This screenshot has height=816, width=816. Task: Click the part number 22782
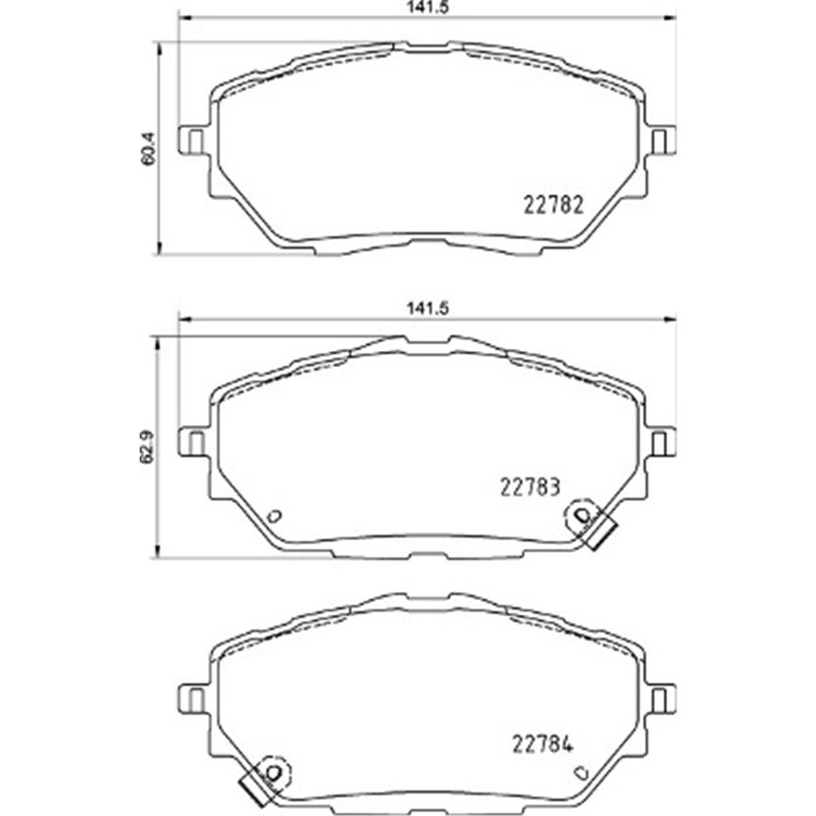[x=553, y=205]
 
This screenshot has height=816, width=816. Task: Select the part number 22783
[x=530, y=488]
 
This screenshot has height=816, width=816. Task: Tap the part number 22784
[x=543, y=744]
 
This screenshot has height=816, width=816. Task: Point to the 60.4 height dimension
[x=149, y=149]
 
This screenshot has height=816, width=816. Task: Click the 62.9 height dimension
[x=149, y=446]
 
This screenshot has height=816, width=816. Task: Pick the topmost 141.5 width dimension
[x=428, y=7]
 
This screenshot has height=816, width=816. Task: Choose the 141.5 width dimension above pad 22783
[x=428, y=308]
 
